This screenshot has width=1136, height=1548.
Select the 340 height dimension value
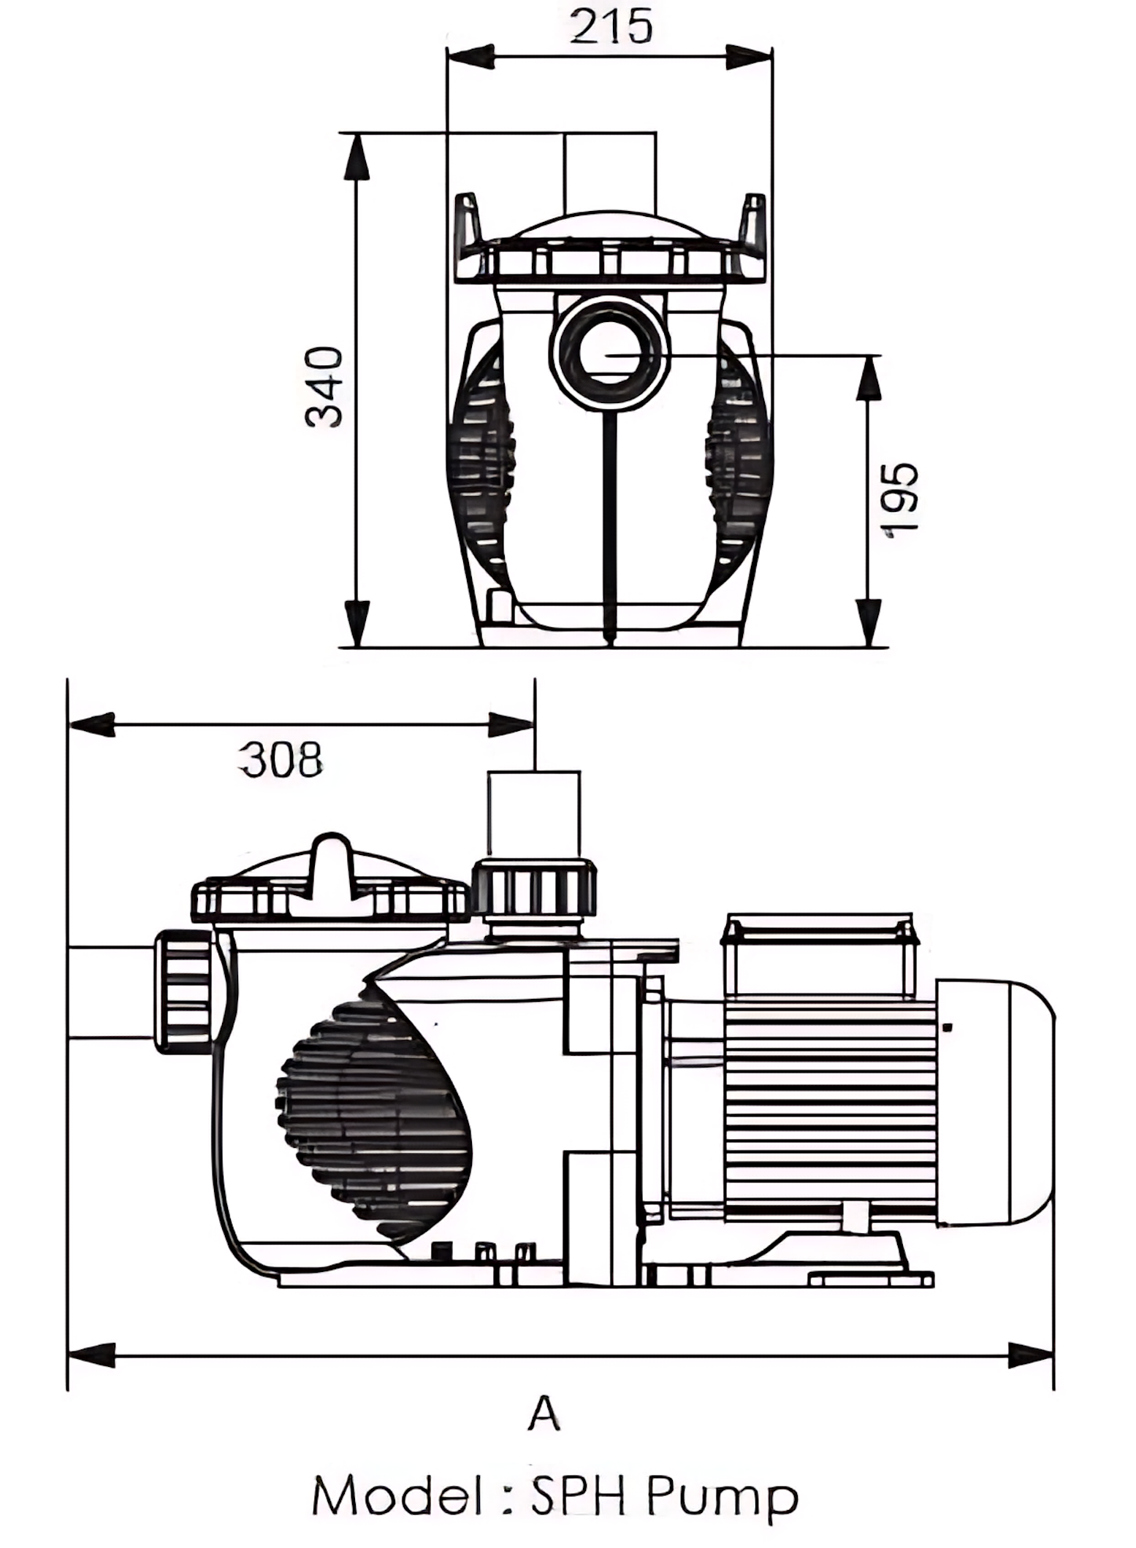click(324, 387)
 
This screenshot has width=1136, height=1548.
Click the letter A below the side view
click(544, 1414)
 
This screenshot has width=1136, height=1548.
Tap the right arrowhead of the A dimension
click(1031, 1354)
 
